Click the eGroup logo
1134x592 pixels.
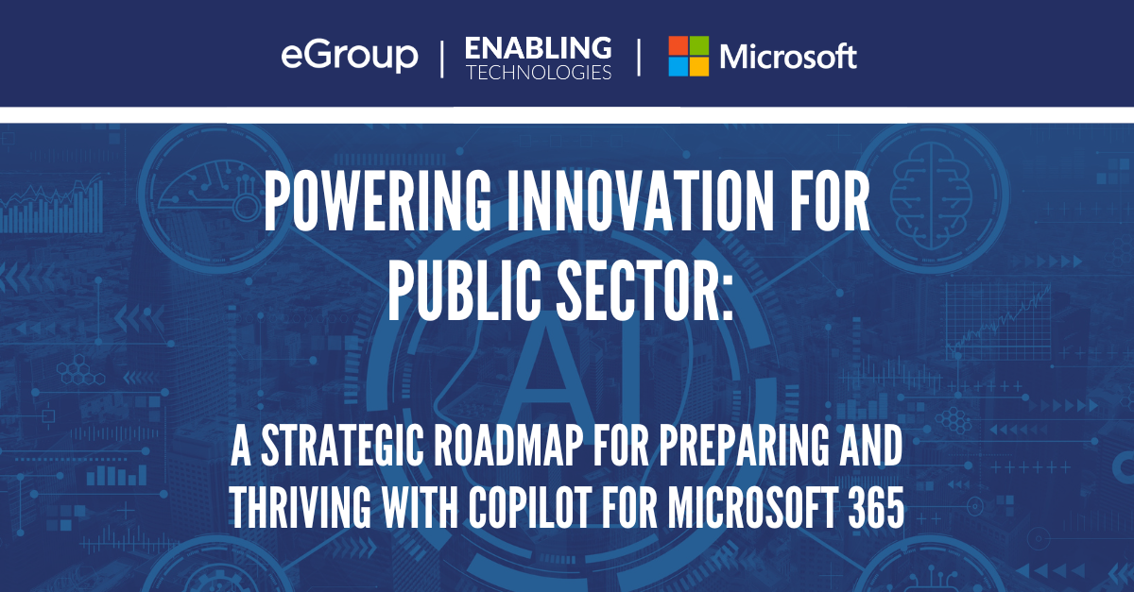tap(350, 56)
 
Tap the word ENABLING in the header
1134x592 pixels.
tap(538, 48)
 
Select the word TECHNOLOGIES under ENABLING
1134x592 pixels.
tap(539, 73)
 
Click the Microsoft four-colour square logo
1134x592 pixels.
tap(689, 56)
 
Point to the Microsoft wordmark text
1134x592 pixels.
tap(788, 56)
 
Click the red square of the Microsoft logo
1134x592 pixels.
tap(678, 45)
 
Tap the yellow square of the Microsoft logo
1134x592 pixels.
tap(699, 67)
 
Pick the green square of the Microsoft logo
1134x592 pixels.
tap(699, 45)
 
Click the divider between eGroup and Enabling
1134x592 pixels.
tap(442, 59)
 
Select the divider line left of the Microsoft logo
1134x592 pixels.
tap(639, 58)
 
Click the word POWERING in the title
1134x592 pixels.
tap(378, 201)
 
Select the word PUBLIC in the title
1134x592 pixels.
tap(464, 291)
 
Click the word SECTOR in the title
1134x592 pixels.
tap(644, 291)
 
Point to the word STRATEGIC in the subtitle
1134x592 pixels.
tap(342, 445)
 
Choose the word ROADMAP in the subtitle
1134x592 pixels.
tap(507, 445)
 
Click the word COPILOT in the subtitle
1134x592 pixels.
tap(529, 508)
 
